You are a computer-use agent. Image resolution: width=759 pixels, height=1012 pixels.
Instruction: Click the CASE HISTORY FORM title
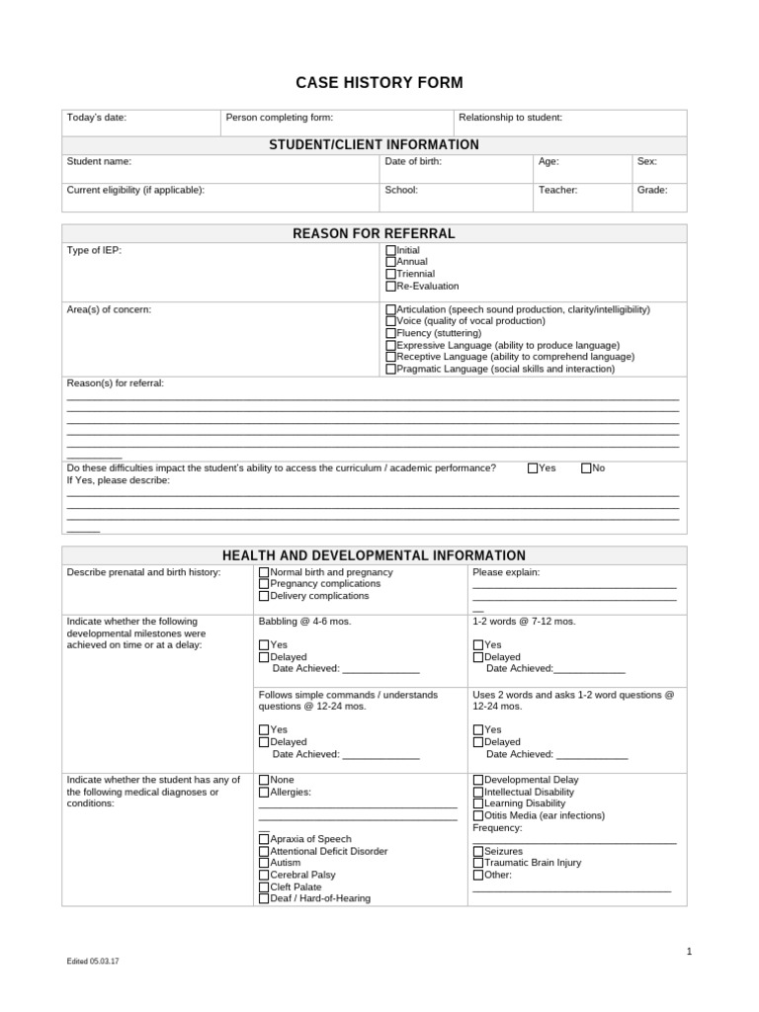pyautogui.click(x=379, y=83)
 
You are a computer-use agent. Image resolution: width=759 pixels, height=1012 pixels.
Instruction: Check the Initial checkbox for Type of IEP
pyautogui.click(x=390, y=251)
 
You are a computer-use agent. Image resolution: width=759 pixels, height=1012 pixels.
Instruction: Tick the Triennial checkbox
pyautogui.click(x=390, y=275)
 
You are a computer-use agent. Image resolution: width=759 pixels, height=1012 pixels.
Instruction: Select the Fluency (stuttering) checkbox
pyautogui.click(x=390, y=334)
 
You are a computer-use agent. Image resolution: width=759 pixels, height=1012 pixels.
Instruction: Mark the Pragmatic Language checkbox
pyautogui.click(x=390, y=370)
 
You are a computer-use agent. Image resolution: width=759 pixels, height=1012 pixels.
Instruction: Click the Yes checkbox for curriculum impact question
pyautogui.click(x=534, y=468)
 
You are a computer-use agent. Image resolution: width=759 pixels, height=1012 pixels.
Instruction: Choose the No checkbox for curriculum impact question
pyautogui.click(x=586, y=468)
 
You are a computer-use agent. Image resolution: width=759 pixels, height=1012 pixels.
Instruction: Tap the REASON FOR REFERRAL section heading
pyautogui.click(x=374, y=233)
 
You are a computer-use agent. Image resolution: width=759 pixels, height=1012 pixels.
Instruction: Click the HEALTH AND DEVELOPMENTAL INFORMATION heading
pyautogui.click(x=374, y=555)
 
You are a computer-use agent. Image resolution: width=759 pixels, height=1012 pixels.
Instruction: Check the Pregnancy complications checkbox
pyautogui.click(x=264, y=584)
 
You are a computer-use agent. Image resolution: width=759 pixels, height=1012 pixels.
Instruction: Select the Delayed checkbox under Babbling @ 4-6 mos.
pyautogui.click(x=264, y=657)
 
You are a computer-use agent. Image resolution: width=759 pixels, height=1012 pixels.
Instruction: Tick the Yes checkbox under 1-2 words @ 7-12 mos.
pyautogui.click(x=478, y=645)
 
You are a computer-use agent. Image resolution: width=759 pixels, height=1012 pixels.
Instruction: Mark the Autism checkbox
pyautogui.click(x=264, y=863)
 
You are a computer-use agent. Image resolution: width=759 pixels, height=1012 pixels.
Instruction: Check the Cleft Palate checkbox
pyautogui.click(x=264, y=886)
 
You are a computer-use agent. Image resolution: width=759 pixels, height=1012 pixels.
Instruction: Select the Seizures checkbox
pyautogui.click(x=478, y=851)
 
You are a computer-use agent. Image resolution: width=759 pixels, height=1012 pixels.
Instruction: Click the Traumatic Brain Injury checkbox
pyautogui.click(x=478, y=863)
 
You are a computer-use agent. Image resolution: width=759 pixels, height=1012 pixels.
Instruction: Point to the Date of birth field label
pyautogui.click(x=413, y=161)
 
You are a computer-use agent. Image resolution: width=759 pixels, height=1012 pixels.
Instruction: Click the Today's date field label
pyautogui.click(x=96, y=118)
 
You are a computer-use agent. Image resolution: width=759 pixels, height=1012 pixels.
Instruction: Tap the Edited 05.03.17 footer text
pyautogui.click(x=94, y=961)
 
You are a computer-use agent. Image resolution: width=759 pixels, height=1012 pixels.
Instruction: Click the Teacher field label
pyautogui.click(x=557, y=190)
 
